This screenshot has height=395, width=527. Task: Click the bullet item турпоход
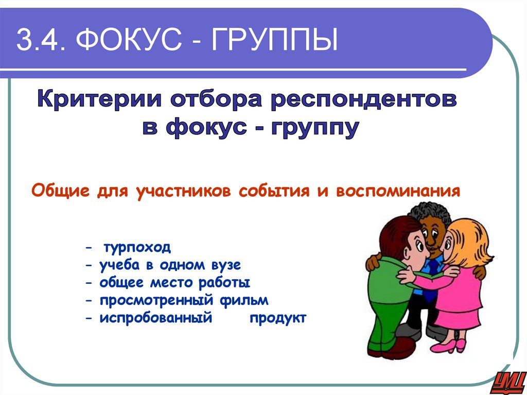coord(137,248)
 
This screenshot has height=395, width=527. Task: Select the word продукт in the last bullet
coord(278,318)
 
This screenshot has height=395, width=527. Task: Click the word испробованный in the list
coord(156,318)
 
